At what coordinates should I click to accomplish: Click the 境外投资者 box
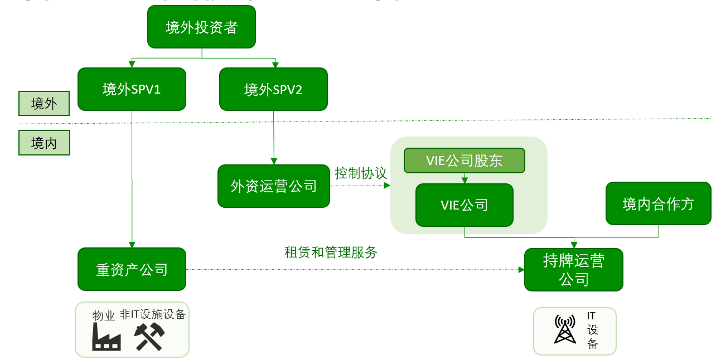[201, 27]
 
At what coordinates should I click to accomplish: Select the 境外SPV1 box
[132, 89]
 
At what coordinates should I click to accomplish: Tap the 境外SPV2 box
[273, 89]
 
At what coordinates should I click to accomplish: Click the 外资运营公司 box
[273, 186]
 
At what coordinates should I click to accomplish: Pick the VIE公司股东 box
[464, 160]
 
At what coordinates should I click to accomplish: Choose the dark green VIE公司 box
[464, 205]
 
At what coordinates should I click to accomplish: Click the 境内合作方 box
[658, 203]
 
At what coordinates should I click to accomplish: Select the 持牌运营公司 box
[573, 270]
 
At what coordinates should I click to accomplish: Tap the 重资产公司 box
[132, 269]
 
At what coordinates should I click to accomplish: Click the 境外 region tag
[44, 104]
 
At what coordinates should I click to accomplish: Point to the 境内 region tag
[44, 143]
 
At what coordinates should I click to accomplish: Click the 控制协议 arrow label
[361, 173]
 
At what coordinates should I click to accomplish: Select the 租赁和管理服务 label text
[331, 252]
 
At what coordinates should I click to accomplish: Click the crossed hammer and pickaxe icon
[149, 337]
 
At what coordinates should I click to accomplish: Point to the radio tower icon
[565, 329]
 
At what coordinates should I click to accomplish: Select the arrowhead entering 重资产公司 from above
[132, 244]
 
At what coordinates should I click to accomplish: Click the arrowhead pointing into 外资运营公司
[274, 162]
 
